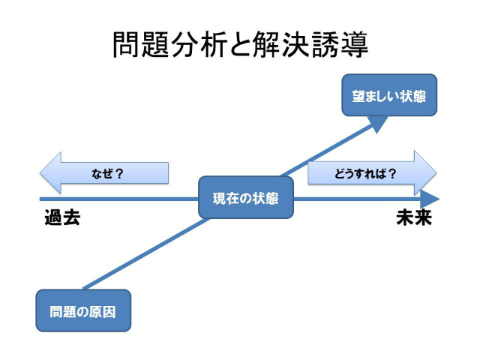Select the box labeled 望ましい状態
click(389, 95)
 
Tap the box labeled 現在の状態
click(245, 198)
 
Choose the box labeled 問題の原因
click(83, 310)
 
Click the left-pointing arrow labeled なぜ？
click(105, 173)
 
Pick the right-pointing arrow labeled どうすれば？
click(370, 173)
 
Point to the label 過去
click(61, 219)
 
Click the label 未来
click(414, 219)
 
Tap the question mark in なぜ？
click(119, 173)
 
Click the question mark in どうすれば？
click(392, 173)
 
